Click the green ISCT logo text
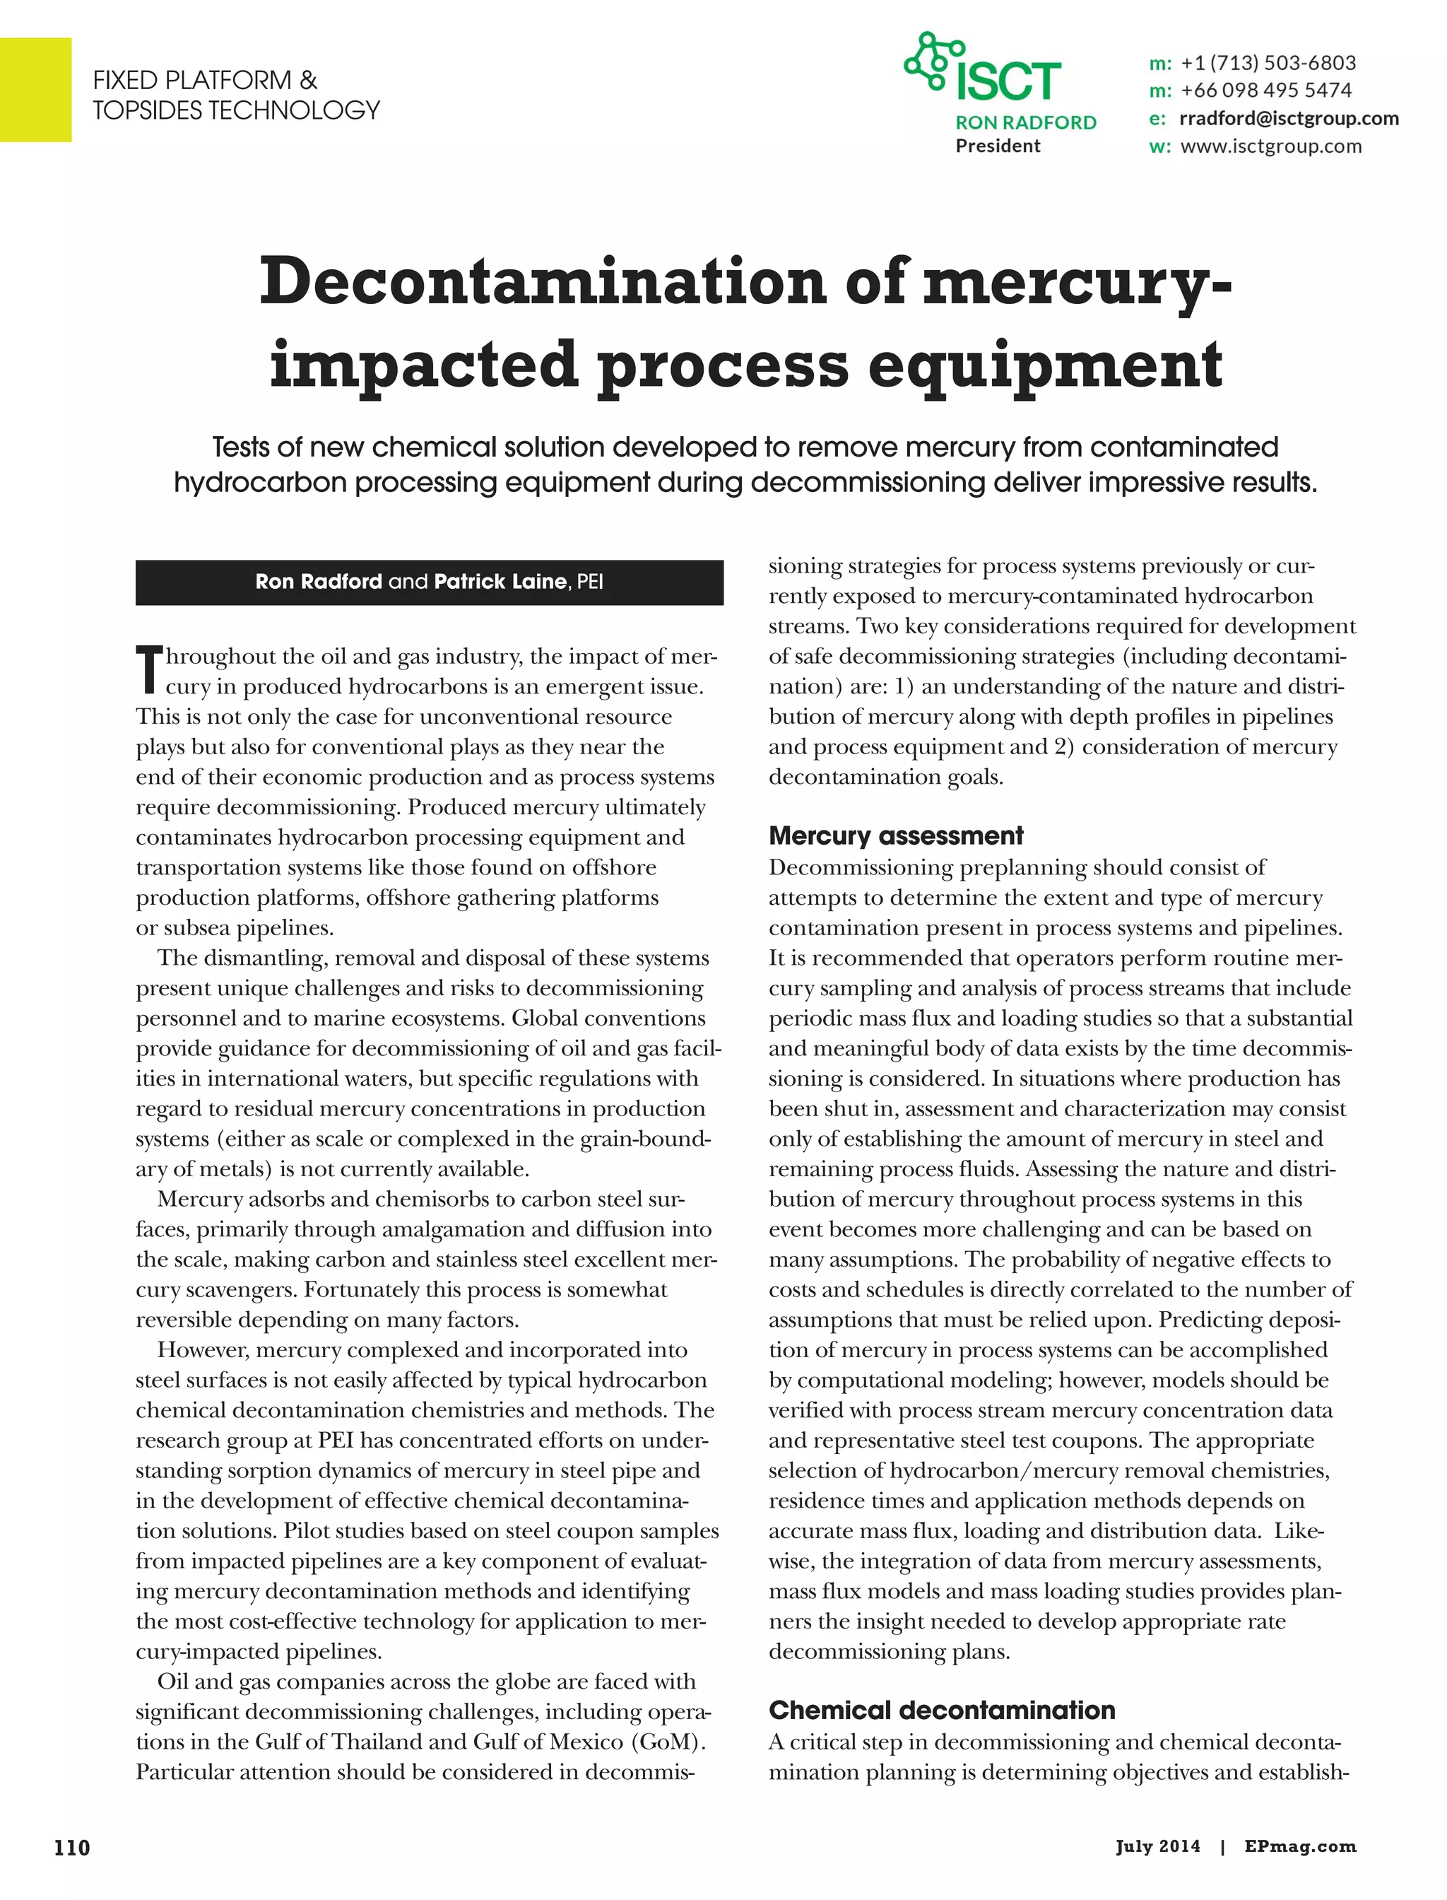pyautogui.click(x=1008, y=82)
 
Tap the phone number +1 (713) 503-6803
pyautogui.click(x=1268, y=63)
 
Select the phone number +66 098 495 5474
pyautogui.click(x=1266, y=90)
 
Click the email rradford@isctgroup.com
pyautogui.click(x=1289, y=118)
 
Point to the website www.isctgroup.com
pyautogui.click(x=1270, y=146)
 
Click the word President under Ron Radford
pyautogui.click(x=998, y=146)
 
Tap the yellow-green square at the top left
pyautogui.click(x=35, y=90)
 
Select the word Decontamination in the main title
pyautogui.click(x=543, y=283)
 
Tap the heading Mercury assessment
pyautogui.click(x=896, y=835)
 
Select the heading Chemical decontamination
pyautogui.click(x=941, y=1710)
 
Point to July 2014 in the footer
pyautogui.click(x=1157, y=1846)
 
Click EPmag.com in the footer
pyautogui.click(x=1300, y=1846)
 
